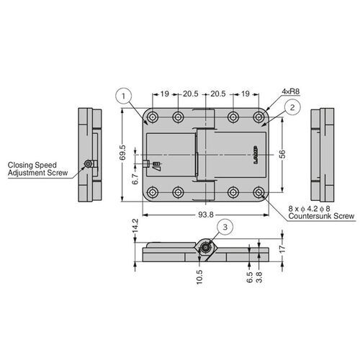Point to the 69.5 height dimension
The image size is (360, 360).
pos(123,153)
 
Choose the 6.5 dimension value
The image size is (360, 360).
pos(248,278)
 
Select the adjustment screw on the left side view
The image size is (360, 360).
pos(87,164)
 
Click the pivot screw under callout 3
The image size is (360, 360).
pos(205,248)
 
